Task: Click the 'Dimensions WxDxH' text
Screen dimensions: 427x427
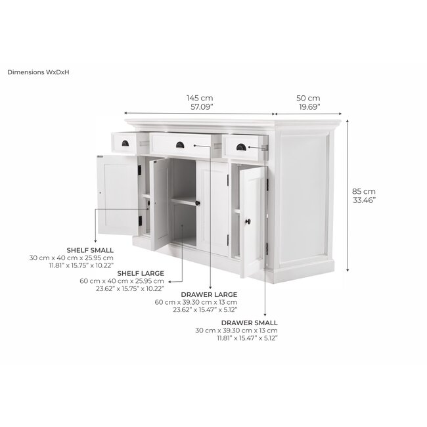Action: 38,72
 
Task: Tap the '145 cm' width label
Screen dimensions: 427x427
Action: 200,98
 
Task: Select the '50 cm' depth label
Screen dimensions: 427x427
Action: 309,98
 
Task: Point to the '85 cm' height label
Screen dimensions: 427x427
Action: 363,192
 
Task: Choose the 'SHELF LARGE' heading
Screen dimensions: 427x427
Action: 141,272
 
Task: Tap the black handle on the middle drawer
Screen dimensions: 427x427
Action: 179,145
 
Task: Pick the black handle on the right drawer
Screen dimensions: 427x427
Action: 240,146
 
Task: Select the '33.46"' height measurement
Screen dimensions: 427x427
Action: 363,201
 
